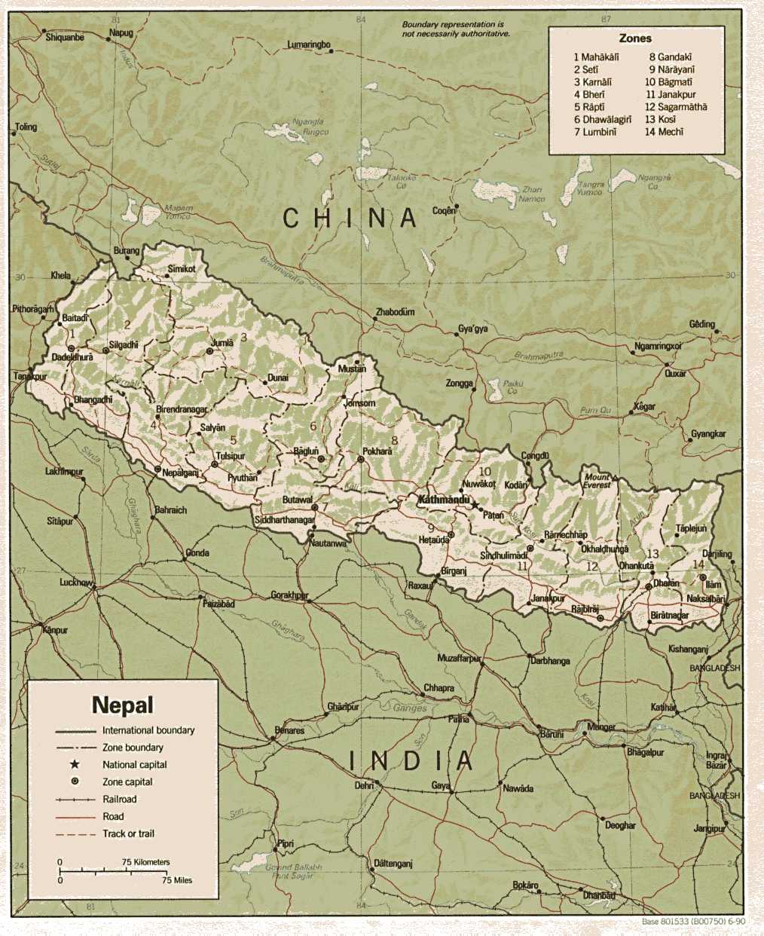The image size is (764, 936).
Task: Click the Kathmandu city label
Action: click(444, 500)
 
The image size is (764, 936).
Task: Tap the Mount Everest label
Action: click(597, 482)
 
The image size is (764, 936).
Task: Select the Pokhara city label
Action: click(377, 451)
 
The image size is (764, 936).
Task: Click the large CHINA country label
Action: click(350, 219)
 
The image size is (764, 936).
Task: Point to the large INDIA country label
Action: click(411, 761)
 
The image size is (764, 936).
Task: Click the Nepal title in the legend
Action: click(122, 705)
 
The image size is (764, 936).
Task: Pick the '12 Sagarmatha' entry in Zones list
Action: click(676, 107)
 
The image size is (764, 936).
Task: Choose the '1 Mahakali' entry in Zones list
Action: click(596, 57)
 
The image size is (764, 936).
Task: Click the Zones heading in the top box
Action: click(635, 38)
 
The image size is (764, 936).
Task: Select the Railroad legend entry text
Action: click(120, 799)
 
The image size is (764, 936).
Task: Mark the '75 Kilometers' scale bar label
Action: click(146, 862)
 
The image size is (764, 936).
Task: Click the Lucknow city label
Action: click(76, 583)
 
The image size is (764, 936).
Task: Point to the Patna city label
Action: click(459, 719)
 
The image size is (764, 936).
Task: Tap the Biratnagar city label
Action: click(669, 616)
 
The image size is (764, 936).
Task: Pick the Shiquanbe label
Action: click(65, 37)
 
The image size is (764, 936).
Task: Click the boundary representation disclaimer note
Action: click(456, 29)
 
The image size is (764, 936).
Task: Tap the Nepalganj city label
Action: click(180, 473)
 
